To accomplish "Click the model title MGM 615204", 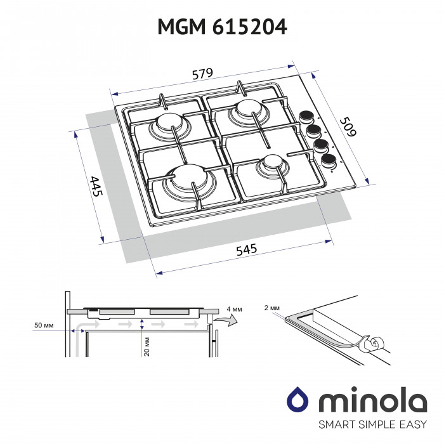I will pyautogui.click(x=221, y=26).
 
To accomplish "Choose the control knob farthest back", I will pyautogui.click(x=307, y=118).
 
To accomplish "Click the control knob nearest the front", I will pyautogui.click(x=329, y=159).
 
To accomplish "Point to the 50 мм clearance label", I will pyautogui.click(x=44, y=325).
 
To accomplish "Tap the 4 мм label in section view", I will pyautogui.click(x=233, y=309).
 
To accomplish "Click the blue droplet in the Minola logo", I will pyautogui.click(x=297, y=401).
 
